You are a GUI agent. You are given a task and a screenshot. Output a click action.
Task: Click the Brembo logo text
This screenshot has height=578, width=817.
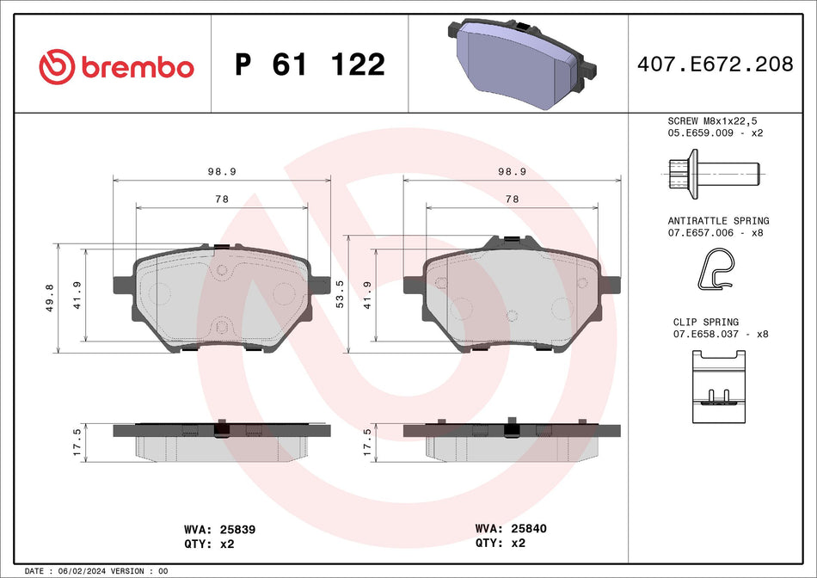coord(138,67)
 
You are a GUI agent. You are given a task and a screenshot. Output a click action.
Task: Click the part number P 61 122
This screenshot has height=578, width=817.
coord(310,65)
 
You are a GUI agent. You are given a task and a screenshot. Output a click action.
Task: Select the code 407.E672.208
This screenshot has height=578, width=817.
coord(715,65)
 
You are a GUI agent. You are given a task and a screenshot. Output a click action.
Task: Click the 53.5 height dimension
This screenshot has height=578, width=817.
coord(340,294)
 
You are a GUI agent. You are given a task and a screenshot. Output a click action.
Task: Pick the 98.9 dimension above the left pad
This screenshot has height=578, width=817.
coord(222,171)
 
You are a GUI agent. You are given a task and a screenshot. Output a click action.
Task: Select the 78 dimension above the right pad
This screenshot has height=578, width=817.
coord(512,199)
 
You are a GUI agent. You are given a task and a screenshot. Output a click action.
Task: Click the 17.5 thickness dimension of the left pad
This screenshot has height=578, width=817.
coord(77,442)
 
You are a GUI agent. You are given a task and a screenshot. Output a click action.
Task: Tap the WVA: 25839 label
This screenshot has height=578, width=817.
coord(220,530)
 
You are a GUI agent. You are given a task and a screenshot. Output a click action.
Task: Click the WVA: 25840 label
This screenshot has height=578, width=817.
coord(511,530)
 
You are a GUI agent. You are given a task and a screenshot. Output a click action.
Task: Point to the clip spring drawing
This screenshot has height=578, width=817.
coord(715,387)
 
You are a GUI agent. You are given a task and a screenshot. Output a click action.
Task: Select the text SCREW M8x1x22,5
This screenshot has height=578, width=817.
coord(711,121)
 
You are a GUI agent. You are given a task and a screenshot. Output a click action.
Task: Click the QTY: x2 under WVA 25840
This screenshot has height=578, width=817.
coord(501,544)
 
